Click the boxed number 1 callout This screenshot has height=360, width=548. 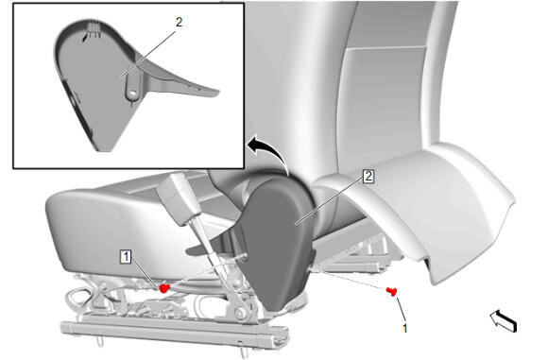click(126, 257)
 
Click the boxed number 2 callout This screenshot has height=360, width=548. click(368, 176)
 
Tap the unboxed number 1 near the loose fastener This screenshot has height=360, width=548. click(404, 328)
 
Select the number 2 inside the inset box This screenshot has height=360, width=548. click(179, 23)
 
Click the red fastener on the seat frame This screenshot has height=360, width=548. click(164, 287)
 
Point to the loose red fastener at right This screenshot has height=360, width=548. click(392, 291)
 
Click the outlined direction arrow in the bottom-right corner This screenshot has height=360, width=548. click(504, 321)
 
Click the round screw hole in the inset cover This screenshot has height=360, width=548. click(132, 94)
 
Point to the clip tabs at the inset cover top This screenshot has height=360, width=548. click(92, 27)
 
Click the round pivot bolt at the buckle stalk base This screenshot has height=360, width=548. click(241, 313)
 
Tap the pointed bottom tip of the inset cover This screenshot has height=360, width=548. click(104, 150)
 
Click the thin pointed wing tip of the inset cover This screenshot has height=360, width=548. click(217, 93)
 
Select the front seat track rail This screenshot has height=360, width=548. click(175, 332)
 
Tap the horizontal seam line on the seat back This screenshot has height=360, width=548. click(386, 48)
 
